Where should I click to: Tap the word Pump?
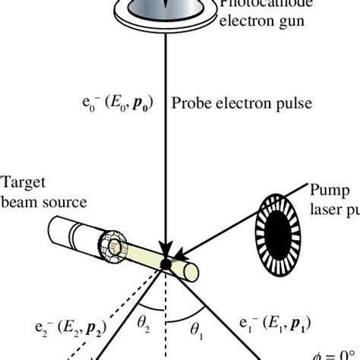327,188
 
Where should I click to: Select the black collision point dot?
165,264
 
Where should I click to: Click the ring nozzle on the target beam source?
115,248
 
